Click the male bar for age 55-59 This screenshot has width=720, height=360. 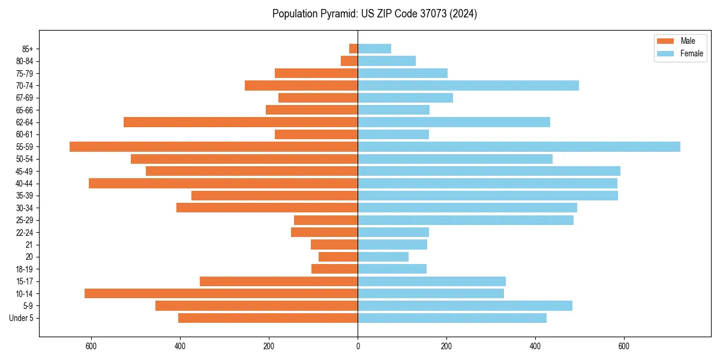pos(214,146)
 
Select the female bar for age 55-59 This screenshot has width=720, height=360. pos(519,146)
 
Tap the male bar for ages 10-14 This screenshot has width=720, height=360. pos(221,293)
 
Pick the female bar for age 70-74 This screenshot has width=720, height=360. pos(468,85)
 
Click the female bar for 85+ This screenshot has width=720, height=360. pos(374,49)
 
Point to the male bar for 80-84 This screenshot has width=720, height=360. pos(349,61)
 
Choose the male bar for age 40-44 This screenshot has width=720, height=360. pos(223,183)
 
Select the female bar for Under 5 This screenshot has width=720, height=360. pos(452,318)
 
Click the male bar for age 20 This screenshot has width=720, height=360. pos(338,257)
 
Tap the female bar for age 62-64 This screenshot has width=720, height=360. pos(454,122)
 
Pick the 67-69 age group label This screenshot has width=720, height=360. pos(25,98)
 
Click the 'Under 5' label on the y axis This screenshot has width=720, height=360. pos(21,318)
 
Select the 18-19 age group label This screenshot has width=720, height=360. pos(25,269)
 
